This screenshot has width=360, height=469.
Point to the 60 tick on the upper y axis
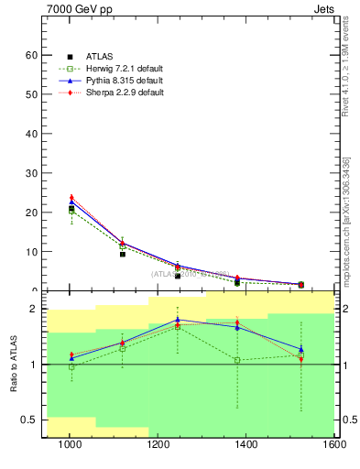31,55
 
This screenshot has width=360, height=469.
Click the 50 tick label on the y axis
31,94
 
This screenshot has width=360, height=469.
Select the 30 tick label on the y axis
31,173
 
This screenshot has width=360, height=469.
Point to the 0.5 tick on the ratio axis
28,420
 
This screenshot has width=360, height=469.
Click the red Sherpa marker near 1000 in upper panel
71,197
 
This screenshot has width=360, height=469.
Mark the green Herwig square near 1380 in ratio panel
237,360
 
